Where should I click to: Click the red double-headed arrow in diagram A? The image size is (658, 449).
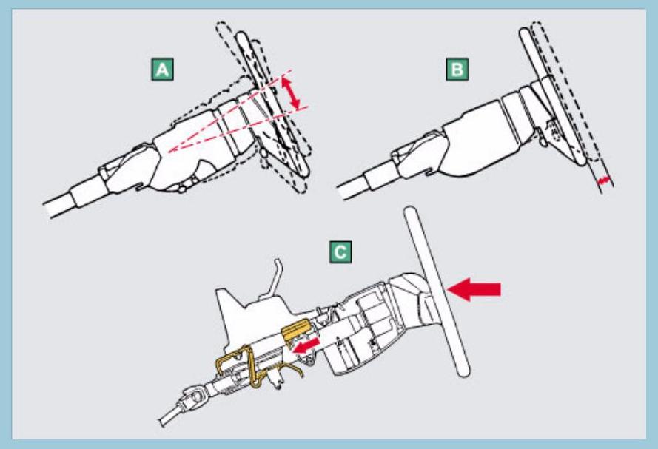coord(294,95)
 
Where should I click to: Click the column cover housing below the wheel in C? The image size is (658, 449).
coord(370,325)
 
